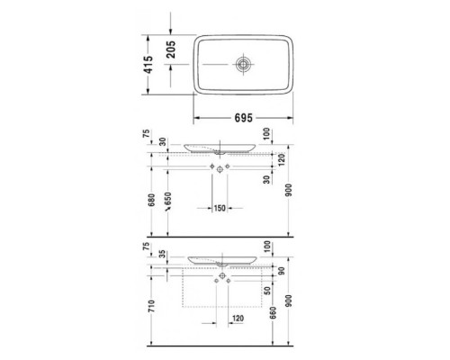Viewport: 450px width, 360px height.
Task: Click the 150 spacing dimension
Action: pyautogui.click(x=219, y=209)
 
